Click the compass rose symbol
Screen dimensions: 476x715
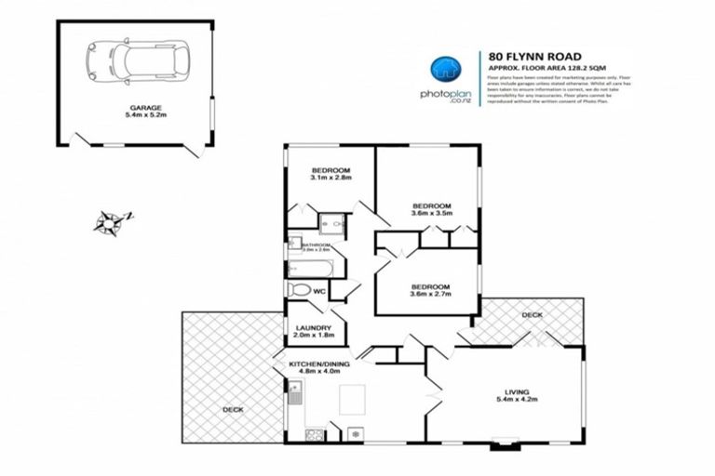[112, 221]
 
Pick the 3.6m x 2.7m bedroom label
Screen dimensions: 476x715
[431, 291]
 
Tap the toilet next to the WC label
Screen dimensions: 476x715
[299, 290]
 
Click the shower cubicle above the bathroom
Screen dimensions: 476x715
[331, 225]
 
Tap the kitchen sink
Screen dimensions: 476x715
[294, 398]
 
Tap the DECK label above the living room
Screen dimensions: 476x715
[532, 316]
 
